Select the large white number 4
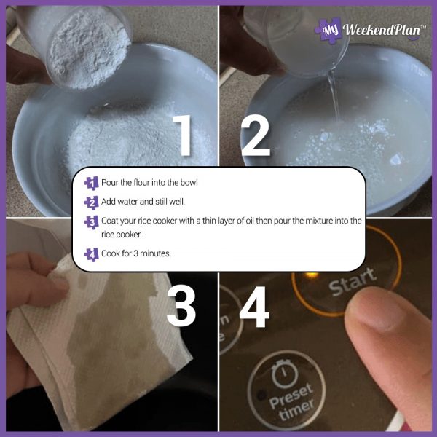[x=254, y=304]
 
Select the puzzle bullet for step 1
[x=91, y=183]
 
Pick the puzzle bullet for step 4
[x=91, y=254]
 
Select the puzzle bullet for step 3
[x=91, y=222]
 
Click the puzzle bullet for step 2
[x=91, y=202]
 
